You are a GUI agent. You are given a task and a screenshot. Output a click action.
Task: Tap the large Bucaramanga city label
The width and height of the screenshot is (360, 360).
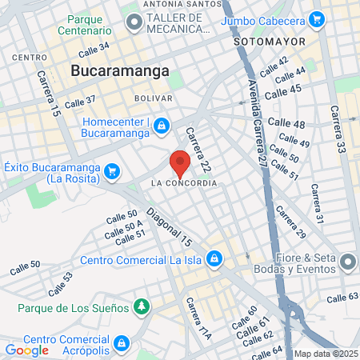(x=120, y=70)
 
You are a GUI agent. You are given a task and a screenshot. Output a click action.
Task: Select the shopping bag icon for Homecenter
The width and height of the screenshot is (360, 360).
(x=162, y=126)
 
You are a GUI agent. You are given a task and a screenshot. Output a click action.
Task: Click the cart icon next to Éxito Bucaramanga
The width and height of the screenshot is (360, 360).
(x=112, y=170)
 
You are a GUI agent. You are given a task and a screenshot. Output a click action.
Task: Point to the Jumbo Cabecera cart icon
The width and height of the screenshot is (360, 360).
(x=317, y=18)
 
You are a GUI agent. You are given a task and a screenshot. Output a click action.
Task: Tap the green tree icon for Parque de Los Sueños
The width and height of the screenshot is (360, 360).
(x=142, y=306)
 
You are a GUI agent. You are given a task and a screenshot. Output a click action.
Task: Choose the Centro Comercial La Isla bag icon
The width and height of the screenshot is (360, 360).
(x=214, y=258)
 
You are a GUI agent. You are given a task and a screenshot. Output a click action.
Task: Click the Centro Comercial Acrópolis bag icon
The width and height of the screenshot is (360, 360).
(x=121, y=343)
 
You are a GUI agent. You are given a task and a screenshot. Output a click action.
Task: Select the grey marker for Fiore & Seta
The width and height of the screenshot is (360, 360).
(x=348, y=262)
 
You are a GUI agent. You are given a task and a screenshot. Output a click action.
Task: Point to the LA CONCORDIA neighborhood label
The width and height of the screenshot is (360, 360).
(x=183, y=183)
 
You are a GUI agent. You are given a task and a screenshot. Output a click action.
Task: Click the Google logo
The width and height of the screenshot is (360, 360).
(x=26, y=350)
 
